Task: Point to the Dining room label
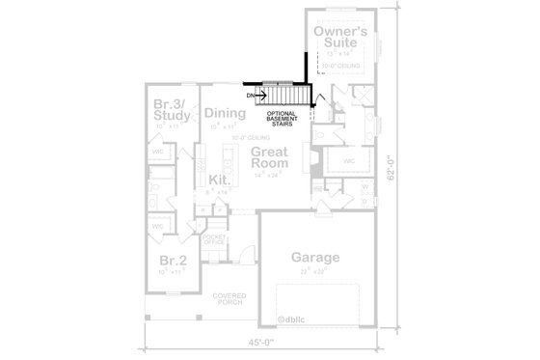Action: click(226, 113)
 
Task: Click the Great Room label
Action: click(272, 159)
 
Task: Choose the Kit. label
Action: click(220, 180)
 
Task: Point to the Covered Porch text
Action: click(202, 299)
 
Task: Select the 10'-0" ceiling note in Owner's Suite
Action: click(340, 66)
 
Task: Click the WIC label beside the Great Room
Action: click(350, 160)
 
